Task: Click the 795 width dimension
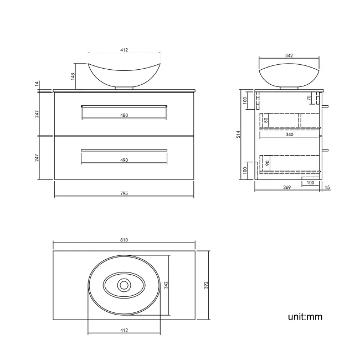click(124, 193)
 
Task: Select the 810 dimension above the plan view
click(124, 240)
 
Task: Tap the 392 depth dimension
click(205, 285)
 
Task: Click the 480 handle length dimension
click(124, 115)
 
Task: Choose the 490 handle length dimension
click(124, 160)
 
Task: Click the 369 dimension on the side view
click(287, 188)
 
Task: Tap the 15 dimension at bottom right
click(327, 188)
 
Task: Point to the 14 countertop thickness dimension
click(37, 84)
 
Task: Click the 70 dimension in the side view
click(309, 98)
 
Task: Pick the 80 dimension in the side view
click(266, 120)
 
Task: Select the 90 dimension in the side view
click(268, 164)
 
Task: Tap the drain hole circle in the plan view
click(124, 285)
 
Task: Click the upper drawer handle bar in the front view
click(124, 105)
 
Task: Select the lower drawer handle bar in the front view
click(124, 150)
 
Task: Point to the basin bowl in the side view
click(289, 75)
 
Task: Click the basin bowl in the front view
click(124, 75)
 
